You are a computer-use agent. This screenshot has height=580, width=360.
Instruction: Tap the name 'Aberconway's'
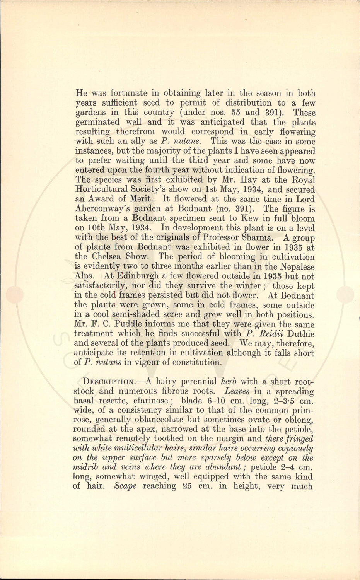(x=100, y=209)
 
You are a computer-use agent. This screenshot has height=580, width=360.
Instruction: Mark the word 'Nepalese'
(x=297, y=267)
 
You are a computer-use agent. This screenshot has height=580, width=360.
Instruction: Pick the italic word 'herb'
(x=228, y=382)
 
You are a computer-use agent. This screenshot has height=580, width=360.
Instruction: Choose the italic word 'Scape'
(x=125, y=486)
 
